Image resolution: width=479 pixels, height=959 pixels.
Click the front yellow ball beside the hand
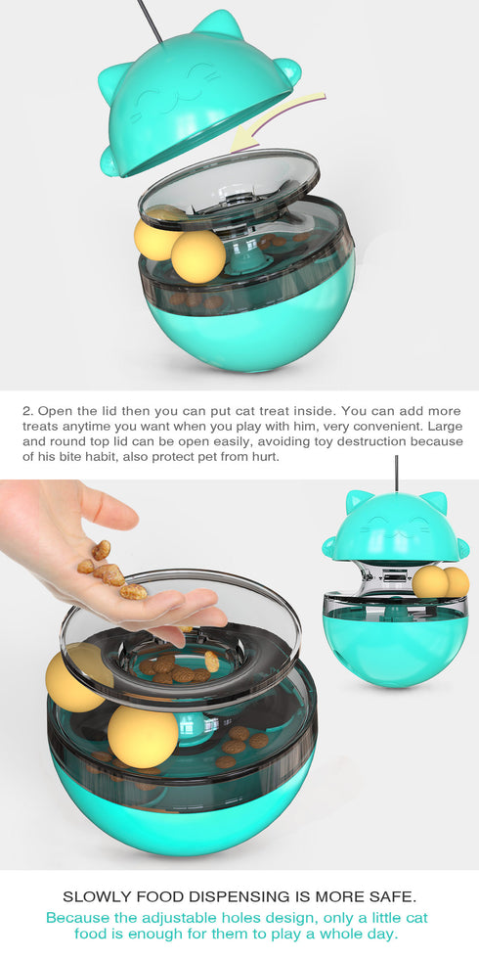143,736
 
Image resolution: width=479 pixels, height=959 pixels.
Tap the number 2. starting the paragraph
27,411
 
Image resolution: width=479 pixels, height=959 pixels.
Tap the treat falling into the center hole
211,662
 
